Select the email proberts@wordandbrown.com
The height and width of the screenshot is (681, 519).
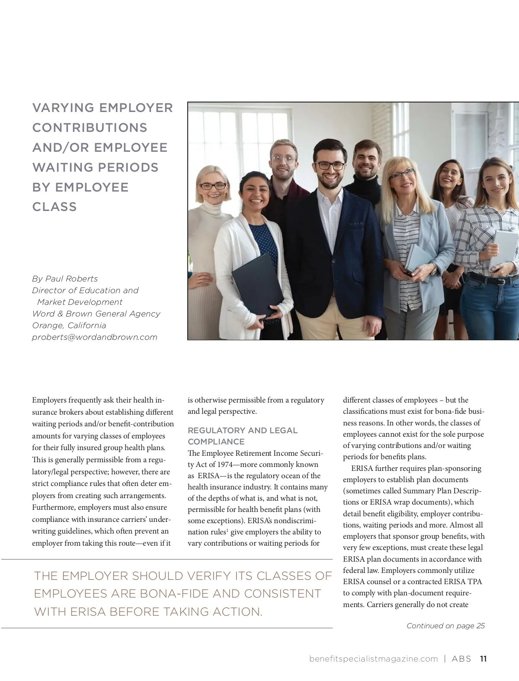95,337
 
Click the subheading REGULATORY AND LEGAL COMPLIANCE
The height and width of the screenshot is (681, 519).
242,436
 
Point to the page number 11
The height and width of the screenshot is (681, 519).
483,659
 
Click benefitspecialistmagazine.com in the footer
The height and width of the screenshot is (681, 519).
374,659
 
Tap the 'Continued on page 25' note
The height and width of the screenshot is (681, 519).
445,626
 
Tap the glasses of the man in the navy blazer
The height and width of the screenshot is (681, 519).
330,166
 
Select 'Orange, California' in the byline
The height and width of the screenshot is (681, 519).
69,326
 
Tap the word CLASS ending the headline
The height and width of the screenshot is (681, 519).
54,207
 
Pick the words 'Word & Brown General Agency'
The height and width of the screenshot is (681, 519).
96,314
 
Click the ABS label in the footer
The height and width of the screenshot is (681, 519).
461,659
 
